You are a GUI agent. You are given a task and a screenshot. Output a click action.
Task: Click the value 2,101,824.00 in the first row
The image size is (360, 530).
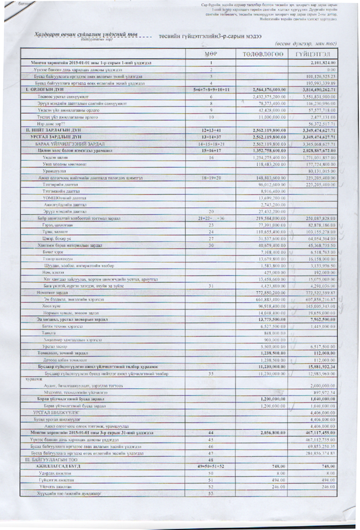(x=322, y=63)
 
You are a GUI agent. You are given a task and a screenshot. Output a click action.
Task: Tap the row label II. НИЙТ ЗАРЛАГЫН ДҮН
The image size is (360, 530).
(x=47, y=130)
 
